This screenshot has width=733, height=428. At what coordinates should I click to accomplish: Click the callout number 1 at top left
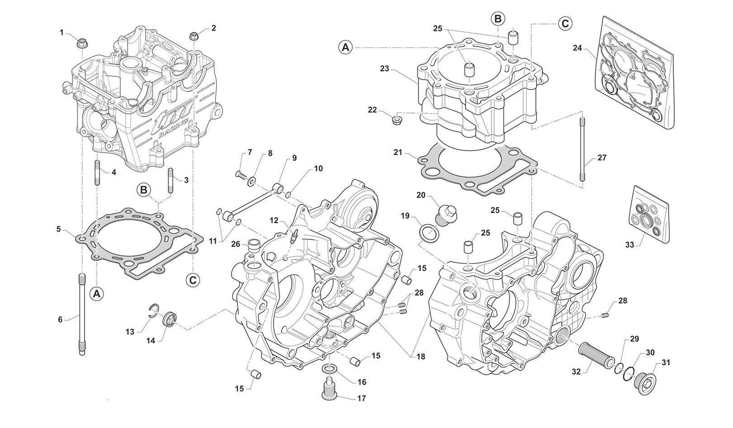pyautogui.click(x=61, y=32)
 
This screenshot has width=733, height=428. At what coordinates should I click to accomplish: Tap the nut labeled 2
pyautogui.click(x=194, y=36)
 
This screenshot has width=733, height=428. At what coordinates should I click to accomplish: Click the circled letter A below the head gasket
pyautogui.click(x=96, y=294)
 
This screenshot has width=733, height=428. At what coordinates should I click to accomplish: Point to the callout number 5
pyautogui.click(x=58, y=229)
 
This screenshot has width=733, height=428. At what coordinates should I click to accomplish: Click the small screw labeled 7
pyautogui.click(x=240, y=174)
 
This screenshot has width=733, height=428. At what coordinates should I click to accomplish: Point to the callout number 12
pyautogui.click(x=274, y=220)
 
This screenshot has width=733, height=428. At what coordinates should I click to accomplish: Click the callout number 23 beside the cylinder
pyautogui.click(x=384, y=69)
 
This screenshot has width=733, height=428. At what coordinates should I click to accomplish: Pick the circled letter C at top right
pyautogui.click(x=565, y=23)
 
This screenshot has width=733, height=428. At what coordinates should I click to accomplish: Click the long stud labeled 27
pyautogui.click(x=582, y=149)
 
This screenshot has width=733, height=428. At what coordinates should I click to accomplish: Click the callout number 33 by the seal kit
pyautogui.click(x=630, y=245)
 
